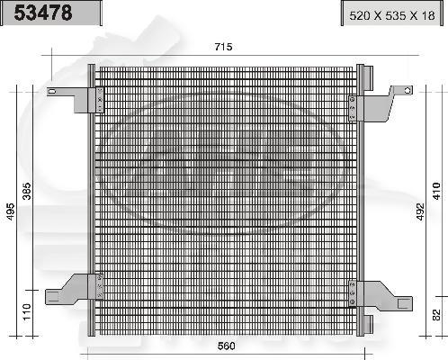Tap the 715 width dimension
pyautogui.click(x=223, y=48)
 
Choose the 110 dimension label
pyautogui.click(x=27, y=311)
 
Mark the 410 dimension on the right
pyautogui.click(x=435, y=191)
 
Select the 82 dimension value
pyautogui.click(x=435, y=316)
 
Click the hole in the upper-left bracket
pyautogui.click(x=54, y=92)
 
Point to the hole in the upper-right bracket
pyautogui.click(x=407, y=90)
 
